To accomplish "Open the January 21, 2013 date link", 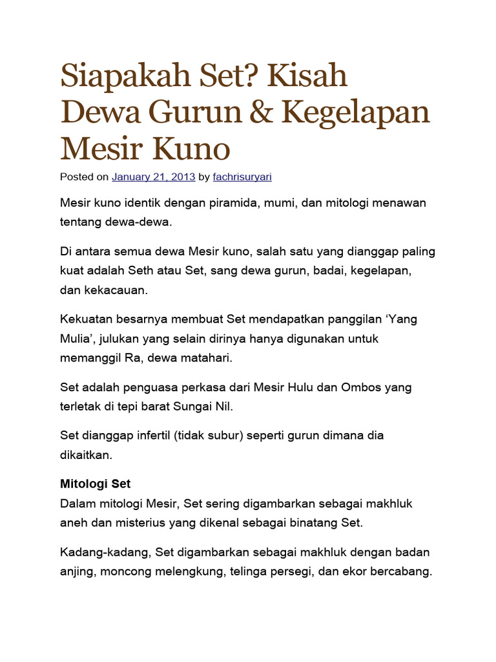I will coord(154,176).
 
